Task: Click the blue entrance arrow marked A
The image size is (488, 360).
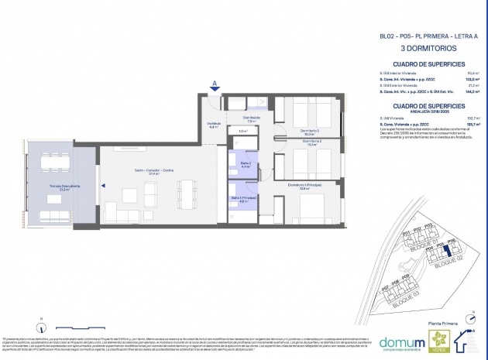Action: tap(213, 87)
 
